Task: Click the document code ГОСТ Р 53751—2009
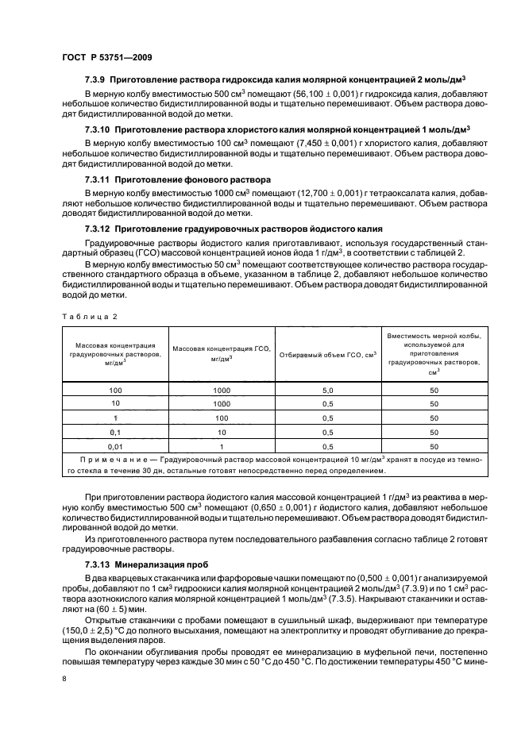click(x=107, y=57)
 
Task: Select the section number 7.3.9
click(x=97, y=80)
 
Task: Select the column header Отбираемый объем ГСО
click(x=326, y=355)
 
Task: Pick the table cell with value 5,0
click(x=326, y=391)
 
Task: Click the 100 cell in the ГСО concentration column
click(x=222, y=418)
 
